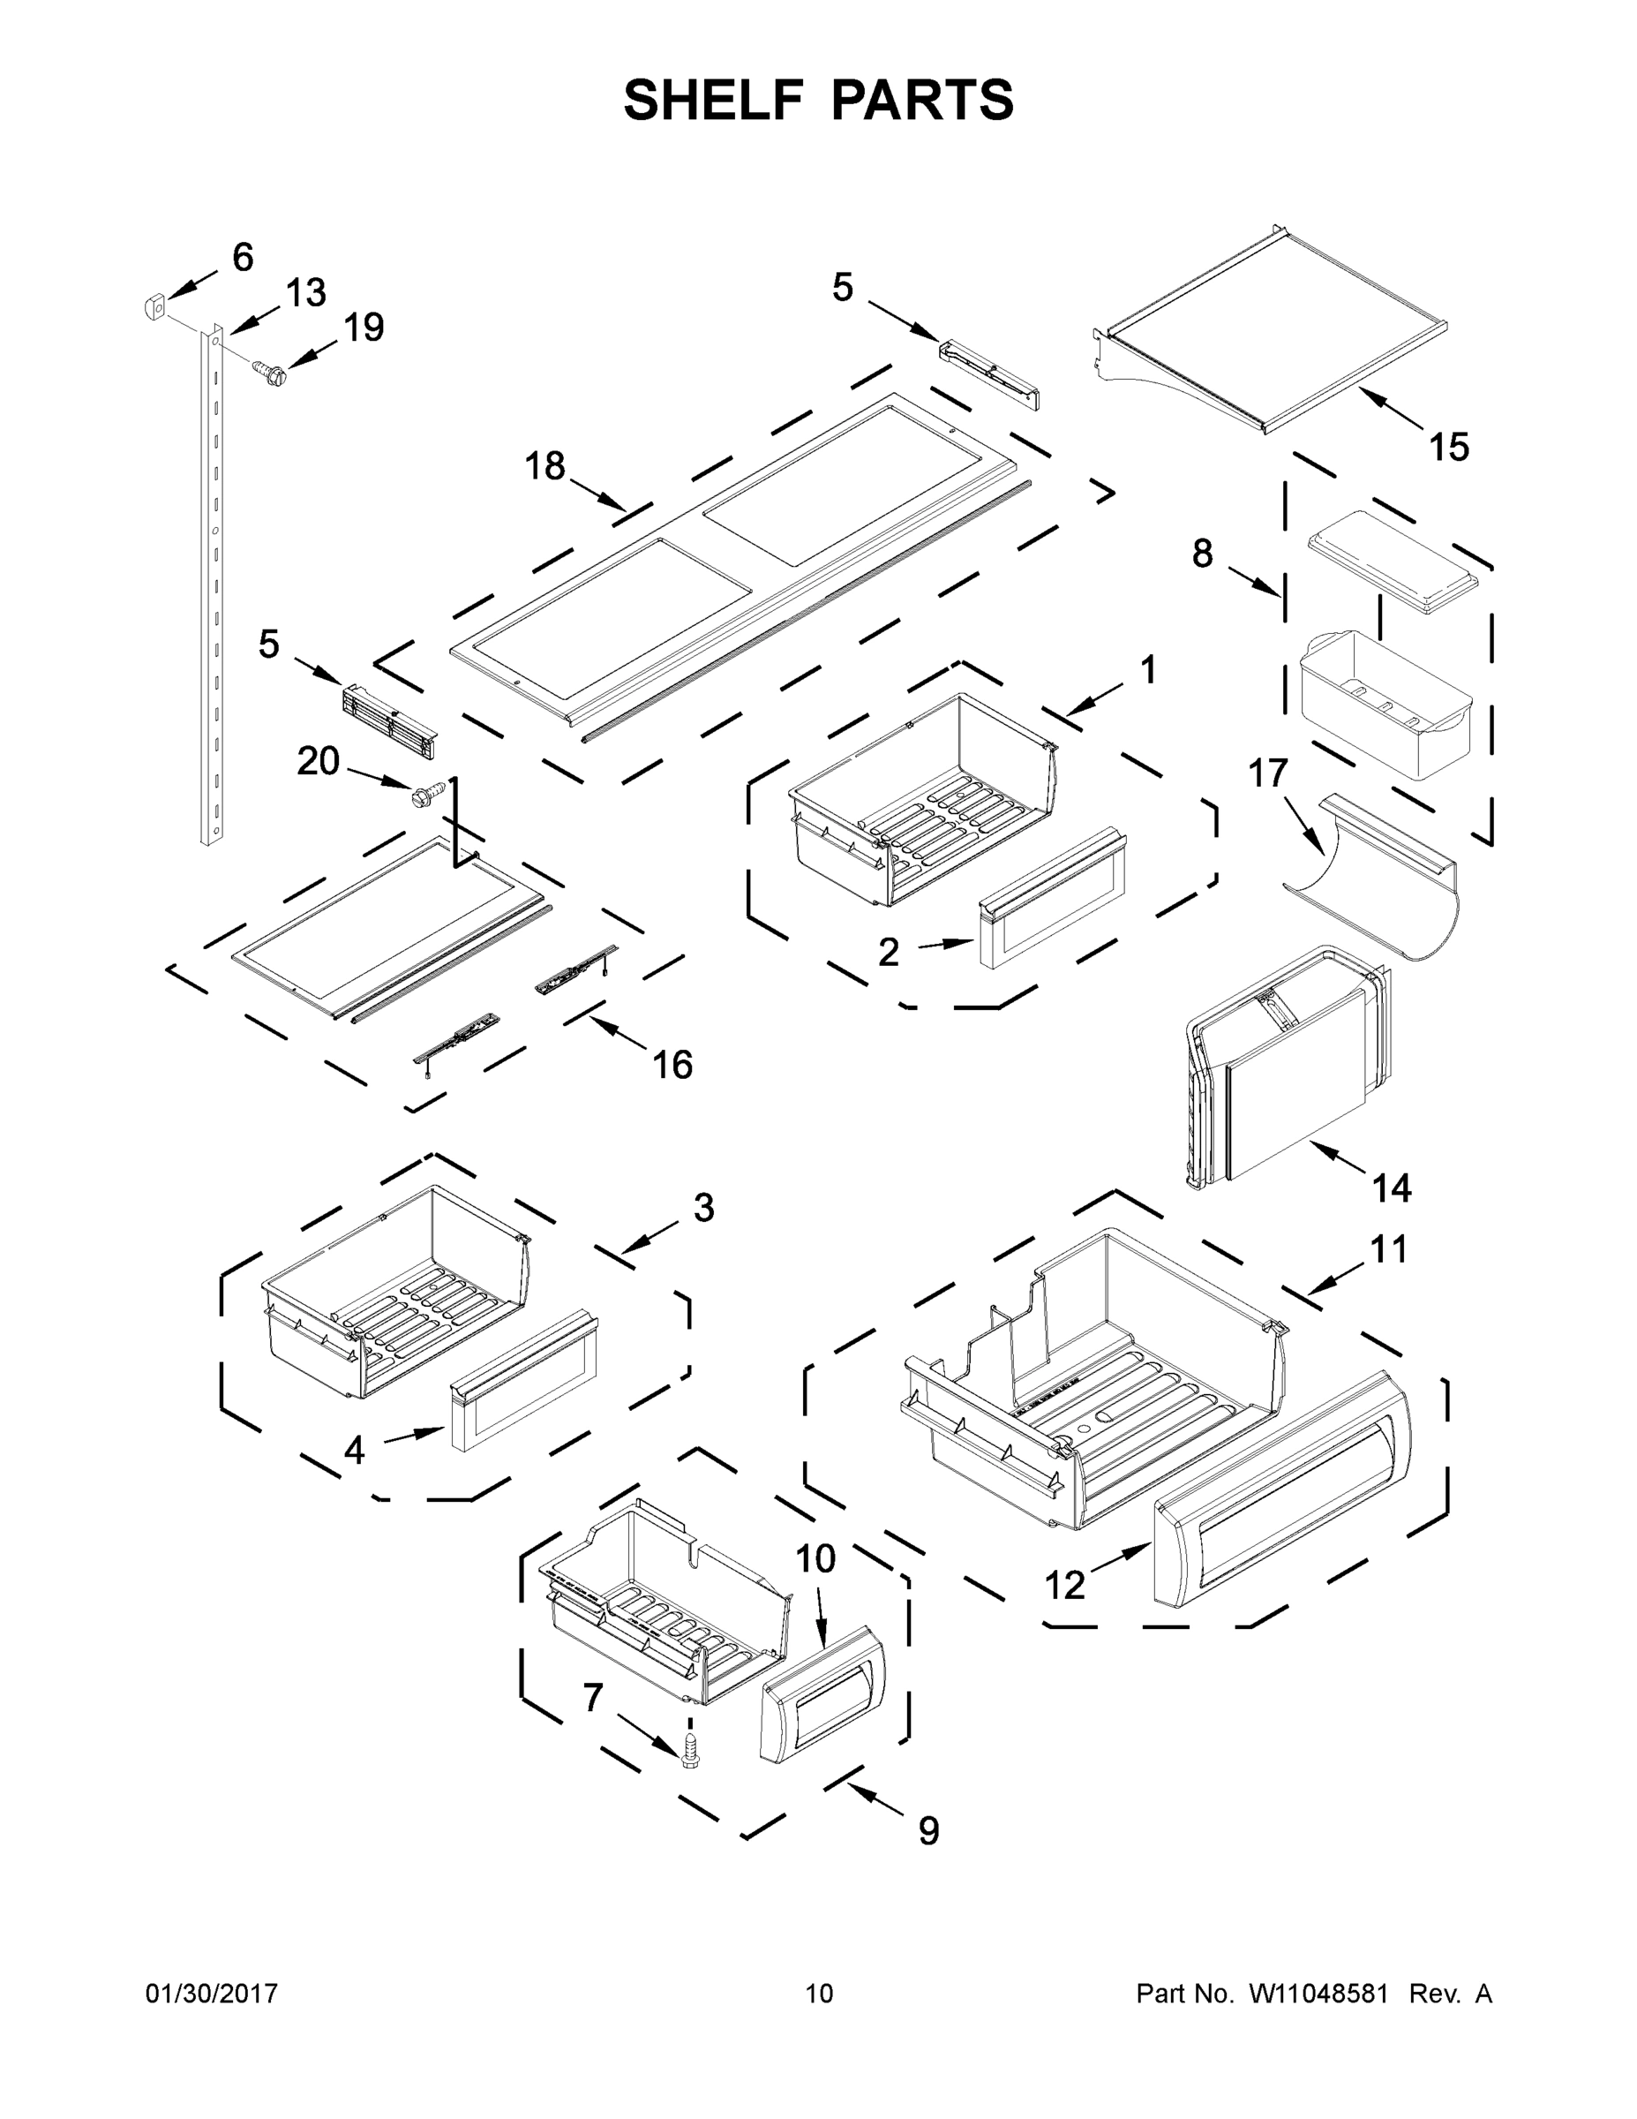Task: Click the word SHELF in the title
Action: (x=713, y=100)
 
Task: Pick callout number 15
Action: (x=1449, y=448)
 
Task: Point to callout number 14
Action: (x=1392, y=1188)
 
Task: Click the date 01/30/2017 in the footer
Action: (x=212, y=1994)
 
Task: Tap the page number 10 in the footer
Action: (x=819, y=1994)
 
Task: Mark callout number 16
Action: (x=672, y=1066)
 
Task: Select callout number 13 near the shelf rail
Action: (x=305, y=292)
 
